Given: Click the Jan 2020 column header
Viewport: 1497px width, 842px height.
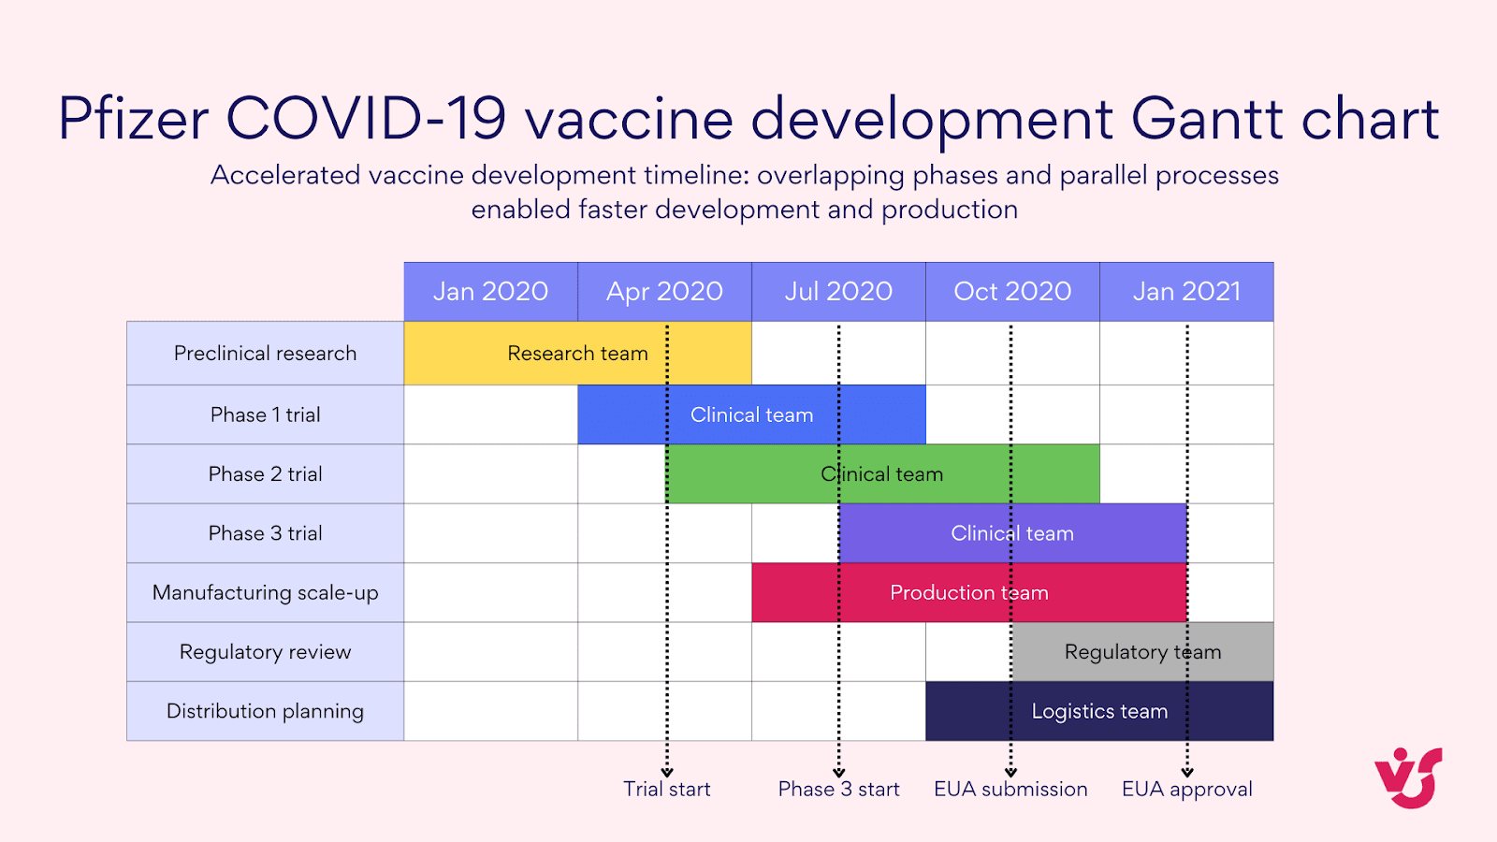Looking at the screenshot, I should (x=490, y=292).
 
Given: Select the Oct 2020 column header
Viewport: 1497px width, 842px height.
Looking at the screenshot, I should (x=1012, y=292).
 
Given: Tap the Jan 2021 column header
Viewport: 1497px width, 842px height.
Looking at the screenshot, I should (x=1186, y=292).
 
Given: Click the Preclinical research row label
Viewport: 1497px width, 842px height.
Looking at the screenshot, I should (x=265, y=354).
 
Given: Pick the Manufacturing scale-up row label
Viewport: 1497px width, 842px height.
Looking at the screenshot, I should (x=265, y=593).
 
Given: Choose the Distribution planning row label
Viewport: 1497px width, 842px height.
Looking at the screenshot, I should (x=265, y=711).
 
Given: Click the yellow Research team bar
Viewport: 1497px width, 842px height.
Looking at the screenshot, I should (x=577, y=354).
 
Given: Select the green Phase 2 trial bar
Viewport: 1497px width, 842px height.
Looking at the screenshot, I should (x=882, y=474).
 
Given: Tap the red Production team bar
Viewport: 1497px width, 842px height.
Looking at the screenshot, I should (x=969, y=593).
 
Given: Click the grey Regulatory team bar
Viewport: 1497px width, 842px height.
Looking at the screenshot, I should (x=1142, y=652).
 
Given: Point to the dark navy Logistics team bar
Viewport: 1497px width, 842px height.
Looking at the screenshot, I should (x=1099, y=711).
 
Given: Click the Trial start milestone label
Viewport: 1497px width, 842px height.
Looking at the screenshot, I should (x=667, y=790).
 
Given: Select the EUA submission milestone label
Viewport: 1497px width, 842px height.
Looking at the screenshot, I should (x=1010, y=790).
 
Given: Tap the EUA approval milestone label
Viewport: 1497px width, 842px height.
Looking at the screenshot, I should (x=1186, y=790).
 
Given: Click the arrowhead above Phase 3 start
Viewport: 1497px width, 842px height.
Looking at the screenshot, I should (x=839, y=772).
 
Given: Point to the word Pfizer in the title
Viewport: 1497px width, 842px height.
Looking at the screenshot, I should (x=133, y=119).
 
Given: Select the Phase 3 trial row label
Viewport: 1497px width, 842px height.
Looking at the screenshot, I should (x=265, y=533).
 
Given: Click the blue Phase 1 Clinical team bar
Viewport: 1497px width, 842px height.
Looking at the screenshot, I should (x=751, y=414).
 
